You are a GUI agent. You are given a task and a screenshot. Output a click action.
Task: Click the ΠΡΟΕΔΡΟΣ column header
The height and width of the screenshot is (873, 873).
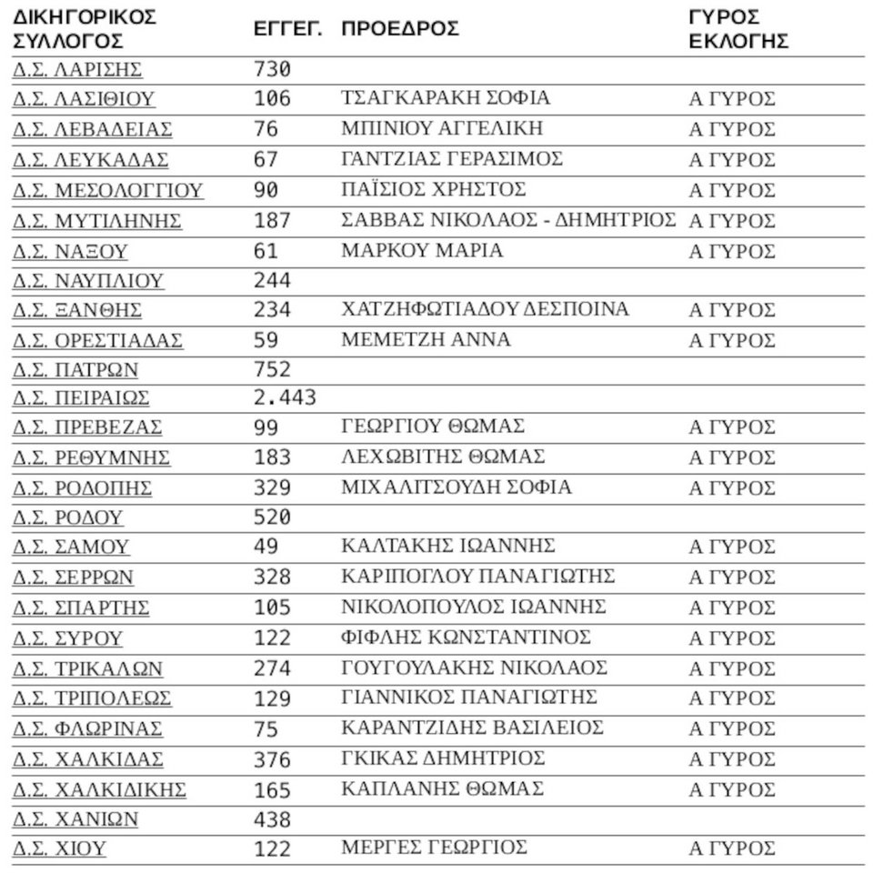tap(400, 28)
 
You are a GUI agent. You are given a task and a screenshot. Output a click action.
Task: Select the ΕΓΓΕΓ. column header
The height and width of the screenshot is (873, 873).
tap(287, 29)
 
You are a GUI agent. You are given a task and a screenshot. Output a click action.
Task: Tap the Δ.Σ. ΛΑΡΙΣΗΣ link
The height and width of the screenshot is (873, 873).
tap(77, 70)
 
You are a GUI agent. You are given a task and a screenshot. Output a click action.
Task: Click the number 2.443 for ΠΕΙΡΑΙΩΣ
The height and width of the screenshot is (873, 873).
tap(285, 397)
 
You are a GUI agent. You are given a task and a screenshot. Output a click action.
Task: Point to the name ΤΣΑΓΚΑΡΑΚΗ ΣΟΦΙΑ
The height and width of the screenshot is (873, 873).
tap(445, 98)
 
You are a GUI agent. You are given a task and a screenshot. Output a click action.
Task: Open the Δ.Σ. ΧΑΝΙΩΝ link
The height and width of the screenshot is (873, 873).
tap(75, 818)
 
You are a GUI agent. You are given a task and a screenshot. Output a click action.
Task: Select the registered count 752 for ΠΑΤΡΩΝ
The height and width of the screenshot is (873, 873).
tap(272, 369)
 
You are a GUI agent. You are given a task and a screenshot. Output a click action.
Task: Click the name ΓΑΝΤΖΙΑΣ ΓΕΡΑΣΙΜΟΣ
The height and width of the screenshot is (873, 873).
tap(451, 159)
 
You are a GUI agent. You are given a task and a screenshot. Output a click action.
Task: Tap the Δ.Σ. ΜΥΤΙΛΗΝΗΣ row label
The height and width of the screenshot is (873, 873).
tap(96, 221)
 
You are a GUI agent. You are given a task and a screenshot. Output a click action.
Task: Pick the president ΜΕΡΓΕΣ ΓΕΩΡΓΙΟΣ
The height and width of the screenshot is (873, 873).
tap(434, 848)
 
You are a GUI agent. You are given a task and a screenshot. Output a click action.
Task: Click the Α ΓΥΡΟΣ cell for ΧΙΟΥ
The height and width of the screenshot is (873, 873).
tap(731, 848)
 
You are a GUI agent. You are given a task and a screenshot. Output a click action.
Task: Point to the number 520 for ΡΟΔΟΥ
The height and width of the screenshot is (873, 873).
tap(272, 517)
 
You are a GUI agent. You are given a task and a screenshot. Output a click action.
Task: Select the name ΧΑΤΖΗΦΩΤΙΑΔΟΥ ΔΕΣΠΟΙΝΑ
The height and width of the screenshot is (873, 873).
tap(484, 309)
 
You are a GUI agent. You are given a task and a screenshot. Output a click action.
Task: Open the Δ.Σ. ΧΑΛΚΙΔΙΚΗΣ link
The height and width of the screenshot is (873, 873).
tap(99, 789)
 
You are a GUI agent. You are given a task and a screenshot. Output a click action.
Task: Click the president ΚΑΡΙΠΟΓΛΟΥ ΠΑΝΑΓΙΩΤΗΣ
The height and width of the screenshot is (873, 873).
tap(477, 577)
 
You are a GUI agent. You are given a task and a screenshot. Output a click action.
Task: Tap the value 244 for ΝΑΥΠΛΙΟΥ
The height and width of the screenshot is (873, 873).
tap(272, 281)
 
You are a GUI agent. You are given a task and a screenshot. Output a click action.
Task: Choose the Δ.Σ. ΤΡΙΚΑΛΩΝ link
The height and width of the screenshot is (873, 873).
tap(87, 668)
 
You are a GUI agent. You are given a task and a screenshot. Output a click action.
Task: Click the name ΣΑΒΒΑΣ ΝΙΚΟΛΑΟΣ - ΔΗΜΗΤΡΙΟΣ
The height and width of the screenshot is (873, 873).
tap(507, 220)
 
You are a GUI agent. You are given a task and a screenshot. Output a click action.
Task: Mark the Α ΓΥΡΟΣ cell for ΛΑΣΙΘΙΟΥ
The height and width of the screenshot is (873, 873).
tap(731, 99)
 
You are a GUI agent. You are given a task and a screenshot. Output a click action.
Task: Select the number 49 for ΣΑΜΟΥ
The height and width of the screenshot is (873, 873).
tap(266, 547)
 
